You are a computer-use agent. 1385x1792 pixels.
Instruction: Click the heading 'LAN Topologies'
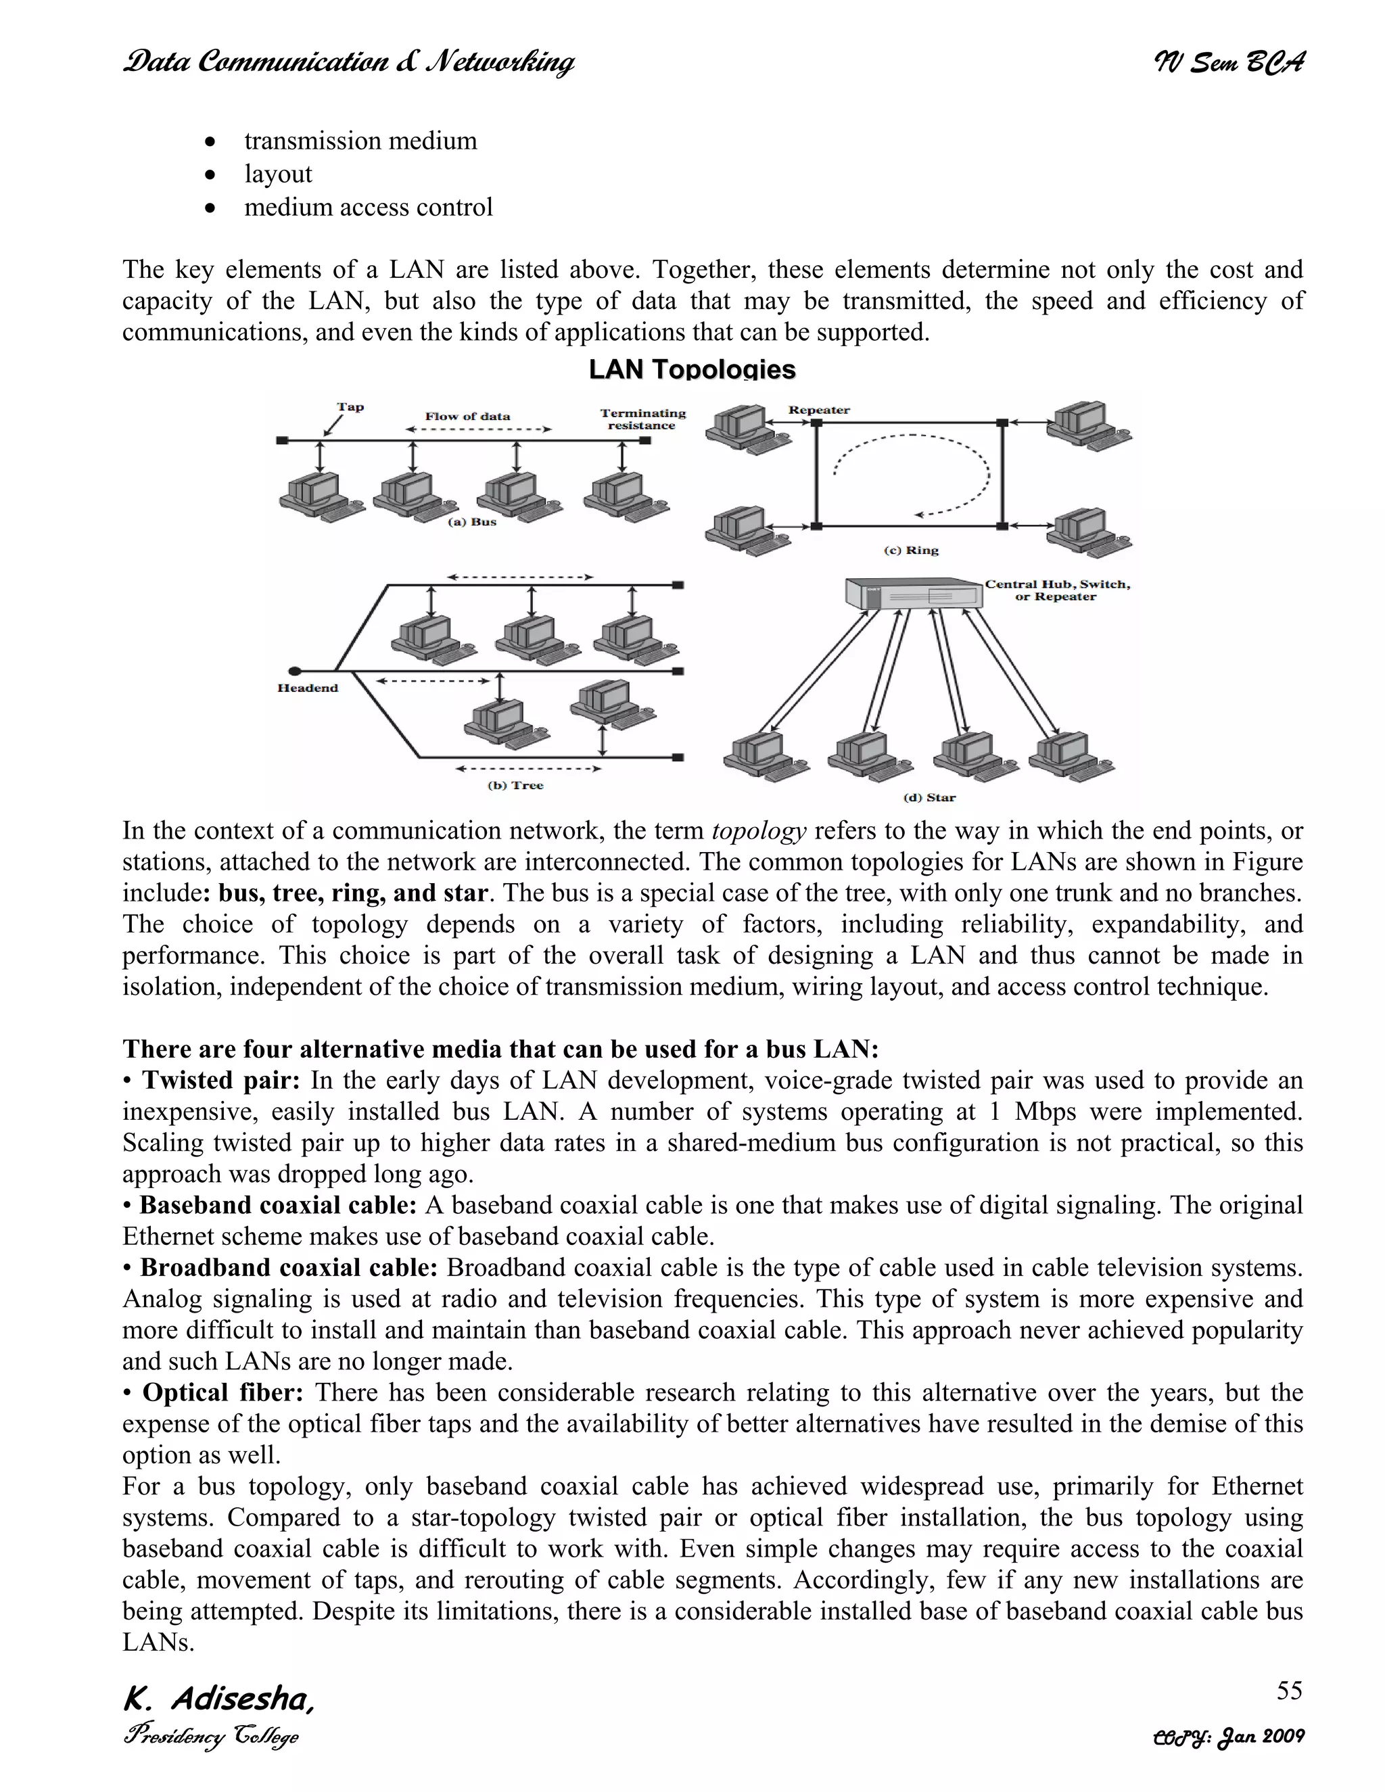point(692,370)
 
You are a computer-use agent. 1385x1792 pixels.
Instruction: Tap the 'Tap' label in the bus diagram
point(350,407)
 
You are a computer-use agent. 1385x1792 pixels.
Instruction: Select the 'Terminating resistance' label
point(642,419)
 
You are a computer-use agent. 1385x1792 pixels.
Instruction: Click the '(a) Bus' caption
point(472,522)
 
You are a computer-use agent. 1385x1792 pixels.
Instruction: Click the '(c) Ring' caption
point(911,550)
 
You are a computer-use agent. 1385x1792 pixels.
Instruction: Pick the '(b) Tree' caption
point(515,785)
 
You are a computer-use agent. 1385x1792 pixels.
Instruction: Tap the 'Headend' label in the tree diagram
point(308,688)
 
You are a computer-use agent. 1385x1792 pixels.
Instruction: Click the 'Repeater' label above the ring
point(818,410)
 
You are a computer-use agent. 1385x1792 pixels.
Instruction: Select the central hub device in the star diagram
point(913,594)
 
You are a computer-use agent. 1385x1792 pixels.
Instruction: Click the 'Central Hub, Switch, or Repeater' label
point(1057,590)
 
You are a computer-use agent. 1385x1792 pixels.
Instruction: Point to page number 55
point(1289,1691)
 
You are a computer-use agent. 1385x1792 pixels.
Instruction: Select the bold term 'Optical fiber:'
point(223,1392)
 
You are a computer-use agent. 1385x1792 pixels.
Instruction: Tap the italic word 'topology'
point(758,831)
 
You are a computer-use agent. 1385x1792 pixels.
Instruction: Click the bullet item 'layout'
point(278,174)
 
